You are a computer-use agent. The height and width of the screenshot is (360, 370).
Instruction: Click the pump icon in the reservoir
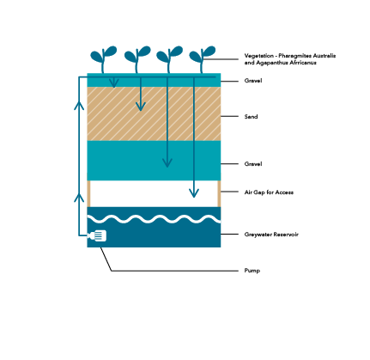97,235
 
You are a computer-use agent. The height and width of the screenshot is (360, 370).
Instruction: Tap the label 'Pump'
252,271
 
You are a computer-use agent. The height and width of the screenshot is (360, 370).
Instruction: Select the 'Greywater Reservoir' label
271,235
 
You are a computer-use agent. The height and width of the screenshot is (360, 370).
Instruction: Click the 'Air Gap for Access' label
269,192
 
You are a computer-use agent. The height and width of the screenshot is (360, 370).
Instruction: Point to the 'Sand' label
251,117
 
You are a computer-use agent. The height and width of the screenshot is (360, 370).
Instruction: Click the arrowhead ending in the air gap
194,193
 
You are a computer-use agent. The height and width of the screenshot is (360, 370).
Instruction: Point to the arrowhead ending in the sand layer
140,107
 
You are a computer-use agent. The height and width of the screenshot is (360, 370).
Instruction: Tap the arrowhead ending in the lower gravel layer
167,162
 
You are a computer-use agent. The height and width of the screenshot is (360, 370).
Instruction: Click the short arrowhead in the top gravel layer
114,83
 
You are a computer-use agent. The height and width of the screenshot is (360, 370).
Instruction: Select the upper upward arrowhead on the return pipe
79,105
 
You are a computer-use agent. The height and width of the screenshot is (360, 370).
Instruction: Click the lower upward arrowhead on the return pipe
79,198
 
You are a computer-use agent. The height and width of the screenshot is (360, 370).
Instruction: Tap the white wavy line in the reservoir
154,219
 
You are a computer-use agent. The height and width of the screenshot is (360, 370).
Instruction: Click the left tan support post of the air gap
88,193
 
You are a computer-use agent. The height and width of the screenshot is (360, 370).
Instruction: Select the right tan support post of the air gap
219,193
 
